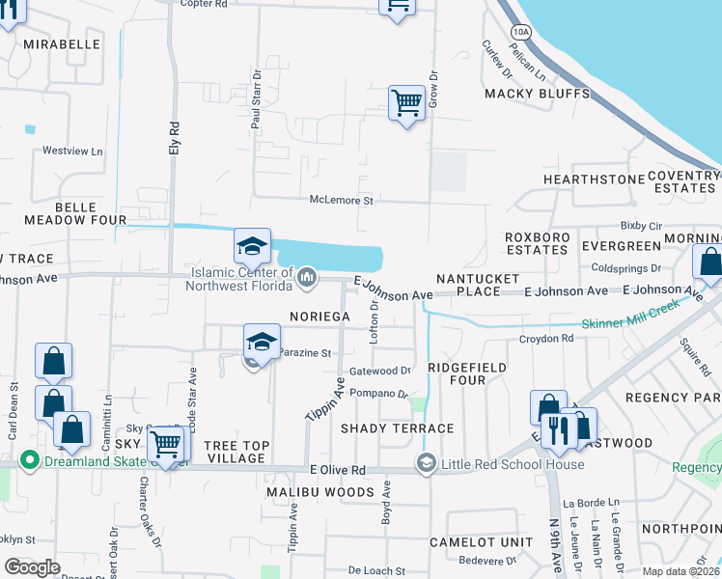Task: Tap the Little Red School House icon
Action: click(x=425, y=464)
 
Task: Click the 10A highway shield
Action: click(x=522, y=32)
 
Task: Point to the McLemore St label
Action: click(x=341, y=200)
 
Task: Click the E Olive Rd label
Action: click(x=337, y=470)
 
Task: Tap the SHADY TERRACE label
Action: click(x=397, y=427)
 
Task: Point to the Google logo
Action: click(x=32, y=567)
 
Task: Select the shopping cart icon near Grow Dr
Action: click(x=406, y=102)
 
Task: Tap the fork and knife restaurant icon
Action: click(x=558, y=429)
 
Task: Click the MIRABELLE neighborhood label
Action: click(x=63, y=44)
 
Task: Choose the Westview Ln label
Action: click(x=71, y=152)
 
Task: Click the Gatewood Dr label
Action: click(x=379, y=371)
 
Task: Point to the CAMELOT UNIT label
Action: click(x=475, y=542)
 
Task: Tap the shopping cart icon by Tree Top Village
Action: click(x=166, y=445)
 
